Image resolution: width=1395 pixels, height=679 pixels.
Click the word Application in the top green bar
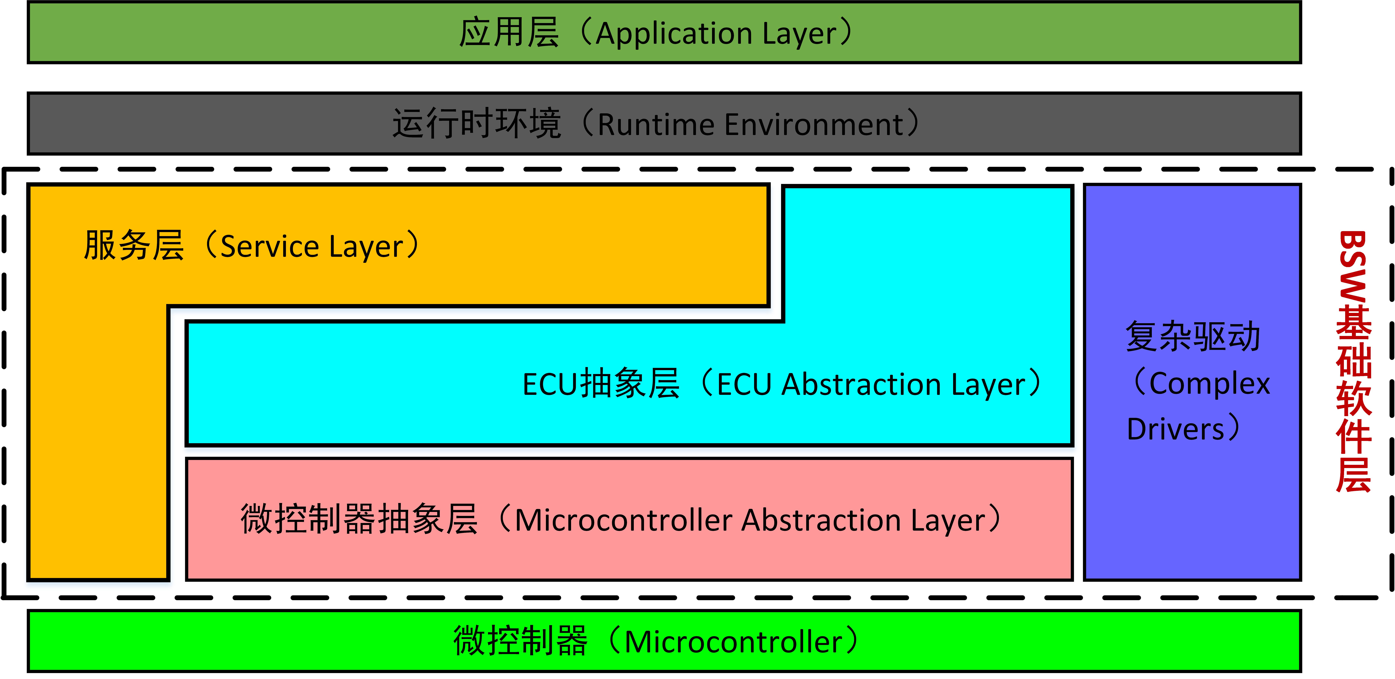[x=674, y=34]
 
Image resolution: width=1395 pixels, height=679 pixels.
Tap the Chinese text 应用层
[x=509, y=32]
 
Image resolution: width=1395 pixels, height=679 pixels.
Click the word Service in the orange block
[x=270, y=246]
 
